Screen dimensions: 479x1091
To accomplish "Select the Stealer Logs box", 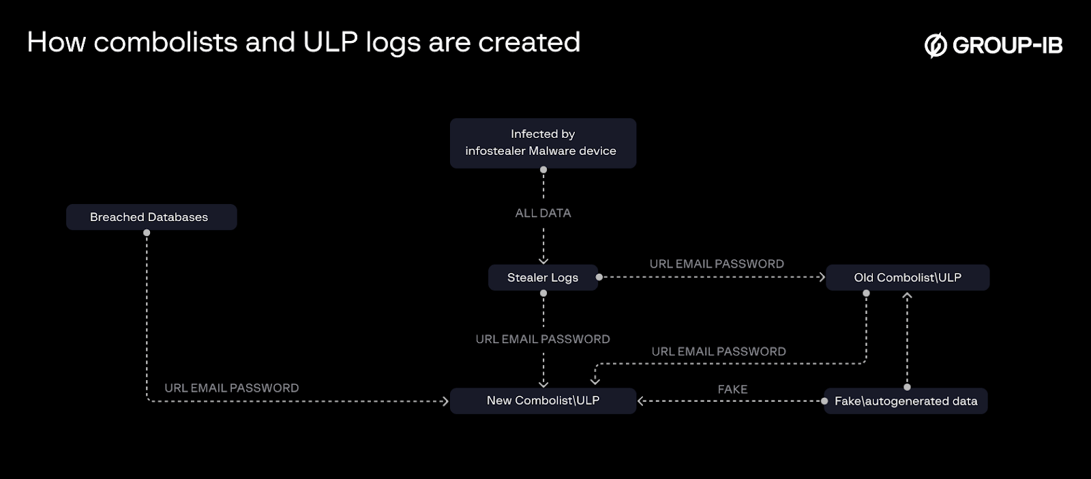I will pyautogui.click(x=543, y=278).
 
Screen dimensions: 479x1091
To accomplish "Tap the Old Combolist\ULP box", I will pyautogui.click(x=907, y=278).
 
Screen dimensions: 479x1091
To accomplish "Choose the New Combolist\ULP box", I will pyautogui.click(x=543, y=401).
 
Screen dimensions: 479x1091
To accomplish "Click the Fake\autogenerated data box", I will pyautogui.click(x=906, y=401).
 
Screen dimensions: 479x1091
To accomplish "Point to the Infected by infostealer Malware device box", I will pyautogui.click(x=543, y=143).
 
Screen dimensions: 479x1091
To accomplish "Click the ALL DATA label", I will pyautogui.click(x=543, y=213).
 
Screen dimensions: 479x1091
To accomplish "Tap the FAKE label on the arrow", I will pyautogui.click(x=732, y=389).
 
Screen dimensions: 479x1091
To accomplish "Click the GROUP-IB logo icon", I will pyautogui.click(x=936, y=45).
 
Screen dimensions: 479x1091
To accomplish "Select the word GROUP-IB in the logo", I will pyautogui.click(x=1007, y=45).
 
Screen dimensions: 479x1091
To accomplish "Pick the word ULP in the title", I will pyautogui.click(x=331, y=42).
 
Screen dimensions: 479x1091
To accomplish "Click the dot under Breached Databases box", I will pyautogui.click(x=147, y=233).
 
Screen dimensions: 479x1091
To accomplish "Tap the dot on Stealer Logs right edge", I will pyautogui.click(x=599, y=277).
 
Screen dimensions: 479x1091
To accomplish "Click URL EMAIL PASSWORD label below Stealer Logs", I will pyautogui.click(x=543, y=339).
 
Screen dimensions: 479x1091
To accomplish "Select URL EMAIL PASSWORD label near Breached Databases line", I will pyautogui.click(x=232, y=388).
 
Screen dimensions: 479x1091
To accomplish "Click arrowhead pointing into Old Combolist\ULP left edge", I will pyautogui.click(x=822, y=277).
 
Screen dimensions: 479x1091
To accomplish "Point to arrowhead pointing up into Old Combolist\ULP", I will pyautogui.click(x=907, y=296).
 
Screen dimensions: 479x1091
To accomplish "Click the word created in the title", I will pyautogui.click(x=529, y=42).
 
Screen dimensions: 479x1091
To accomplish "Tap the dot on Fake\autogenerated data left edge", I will pyautogui.click(x=824, y=401).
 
